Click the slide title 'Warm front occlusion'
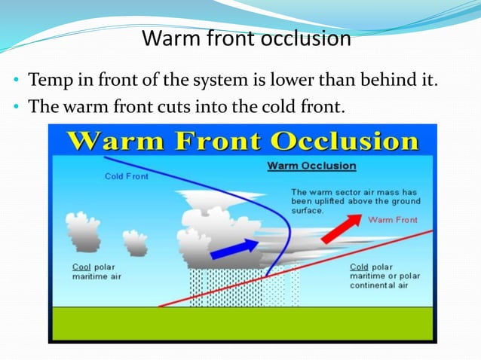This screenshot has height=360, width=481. (x=246, y=38)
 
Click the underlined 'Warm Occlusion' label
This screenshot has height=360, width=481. (x=312, y=166)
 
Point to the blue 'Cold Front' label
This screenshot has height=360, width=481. (x=126, y=176)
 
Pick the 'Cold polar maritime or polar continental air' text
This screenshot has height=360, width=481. (x=382, y=276)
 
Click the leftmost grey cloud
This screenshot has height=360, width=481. (x=83, y=230)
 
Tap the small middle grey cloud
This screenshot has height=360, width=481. (x=135, y=243)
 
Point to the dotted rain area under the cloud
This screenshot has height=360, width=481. (x=226, y=286)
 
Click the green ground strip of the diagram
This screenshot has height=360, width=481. (x=240, y=324)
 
